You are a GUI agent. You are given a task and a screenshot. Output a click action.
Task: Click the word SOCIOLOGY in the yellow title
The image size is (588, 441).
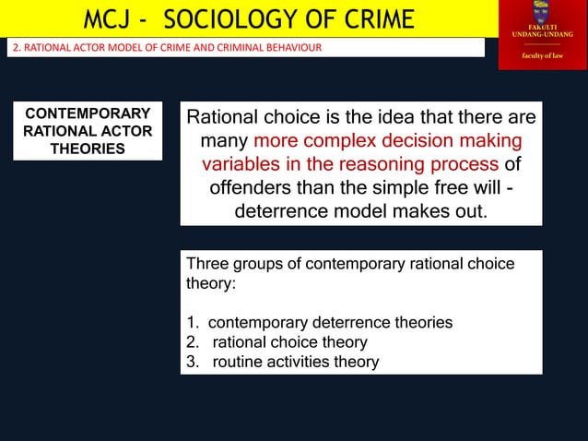233,18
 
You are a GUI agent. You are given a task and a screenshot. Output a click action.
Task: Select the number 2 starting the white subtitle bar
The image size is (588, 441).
13,48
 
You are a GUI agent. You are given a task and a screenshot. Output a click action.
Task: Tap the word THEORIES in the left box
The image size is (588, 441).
88,149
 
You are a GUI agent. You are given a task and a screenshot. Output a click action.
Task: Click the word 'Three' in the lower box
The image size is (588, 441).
207,264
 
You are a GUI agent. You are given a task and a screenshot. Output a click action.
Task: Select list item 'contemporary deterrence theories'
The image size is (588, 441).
330,322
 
